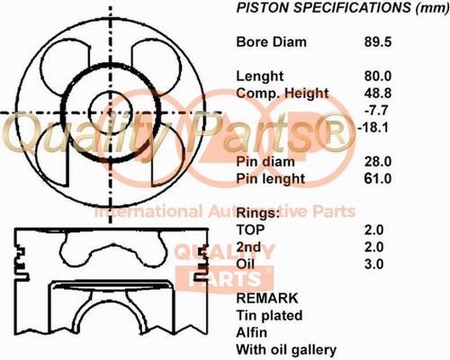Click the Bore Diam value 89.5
(x=378, y=42)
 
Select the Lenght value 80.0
(x=378, y=76)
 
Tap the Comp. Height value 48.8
(x=378, y=94)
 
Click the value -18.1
(x=373, y=128)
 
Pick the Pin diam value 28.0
(x=378, y=162)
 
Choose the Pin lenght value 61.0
(x=378, y=179)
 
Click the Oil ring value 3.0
(x=373, y=265)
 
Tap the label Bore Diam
(x=271, y=42)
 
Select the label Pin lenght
(x=271, y=179)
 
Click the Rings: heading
(x=258, y=213)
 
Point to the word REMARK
(x=267, y=298)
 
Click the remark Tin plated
(x=269, y=316)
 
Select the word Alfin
(x=251, y=332)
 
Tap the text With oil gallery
(x=286, y=350)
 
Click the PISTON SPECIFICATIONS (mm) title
(x=343, y=8)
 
